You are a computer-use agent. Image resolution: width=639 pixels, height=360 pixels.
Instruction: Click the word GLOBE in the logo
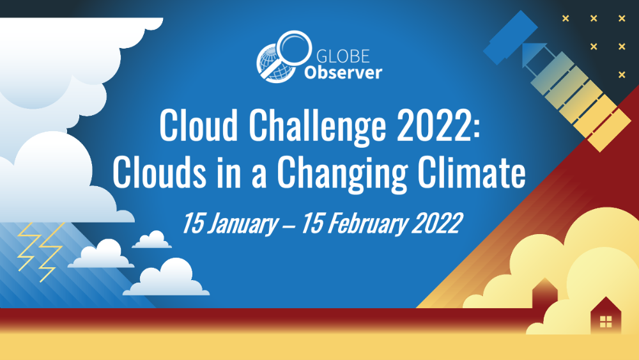coord(343,56)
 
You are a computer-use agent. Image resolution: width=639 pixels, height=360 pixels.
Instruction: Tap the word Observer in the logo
coord(343,72)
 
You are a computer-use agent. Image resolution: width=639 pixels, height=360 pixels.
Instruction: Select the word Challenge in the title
coord(317,125)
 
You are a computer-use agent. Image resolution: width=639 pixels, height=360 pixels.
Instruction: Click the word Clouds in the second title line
coord(160,171)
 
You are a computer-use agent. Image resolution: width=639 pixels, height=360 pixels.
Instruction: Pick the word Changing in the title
coord(343,173)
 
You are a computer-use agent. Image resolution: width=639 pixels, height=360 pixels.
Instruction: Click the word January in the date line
coord(242,223)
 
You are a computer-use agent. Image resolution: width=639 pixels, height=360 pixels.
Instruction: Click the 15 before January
coord(192,223)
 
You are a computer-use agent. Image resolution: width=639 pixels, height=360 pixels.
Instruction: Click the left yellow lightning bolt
coord(29,247)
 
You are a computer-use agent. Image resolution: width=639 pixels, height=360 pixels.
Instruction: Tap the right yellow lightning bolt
coord(51,251)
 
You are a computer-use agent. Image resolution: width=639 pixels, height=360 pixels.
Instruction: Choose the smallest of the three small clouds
coord(152,239)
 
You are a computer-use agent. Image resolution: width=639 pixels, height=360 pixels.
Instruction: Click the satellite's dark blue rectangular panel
coord(510,38)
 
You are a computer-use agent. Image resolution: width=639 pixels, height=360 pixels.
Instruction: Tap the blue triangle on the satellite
coord(532,52)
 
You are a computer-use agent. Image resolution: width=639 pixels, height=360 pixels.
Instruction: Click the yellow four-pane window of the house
coord(606,322)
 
